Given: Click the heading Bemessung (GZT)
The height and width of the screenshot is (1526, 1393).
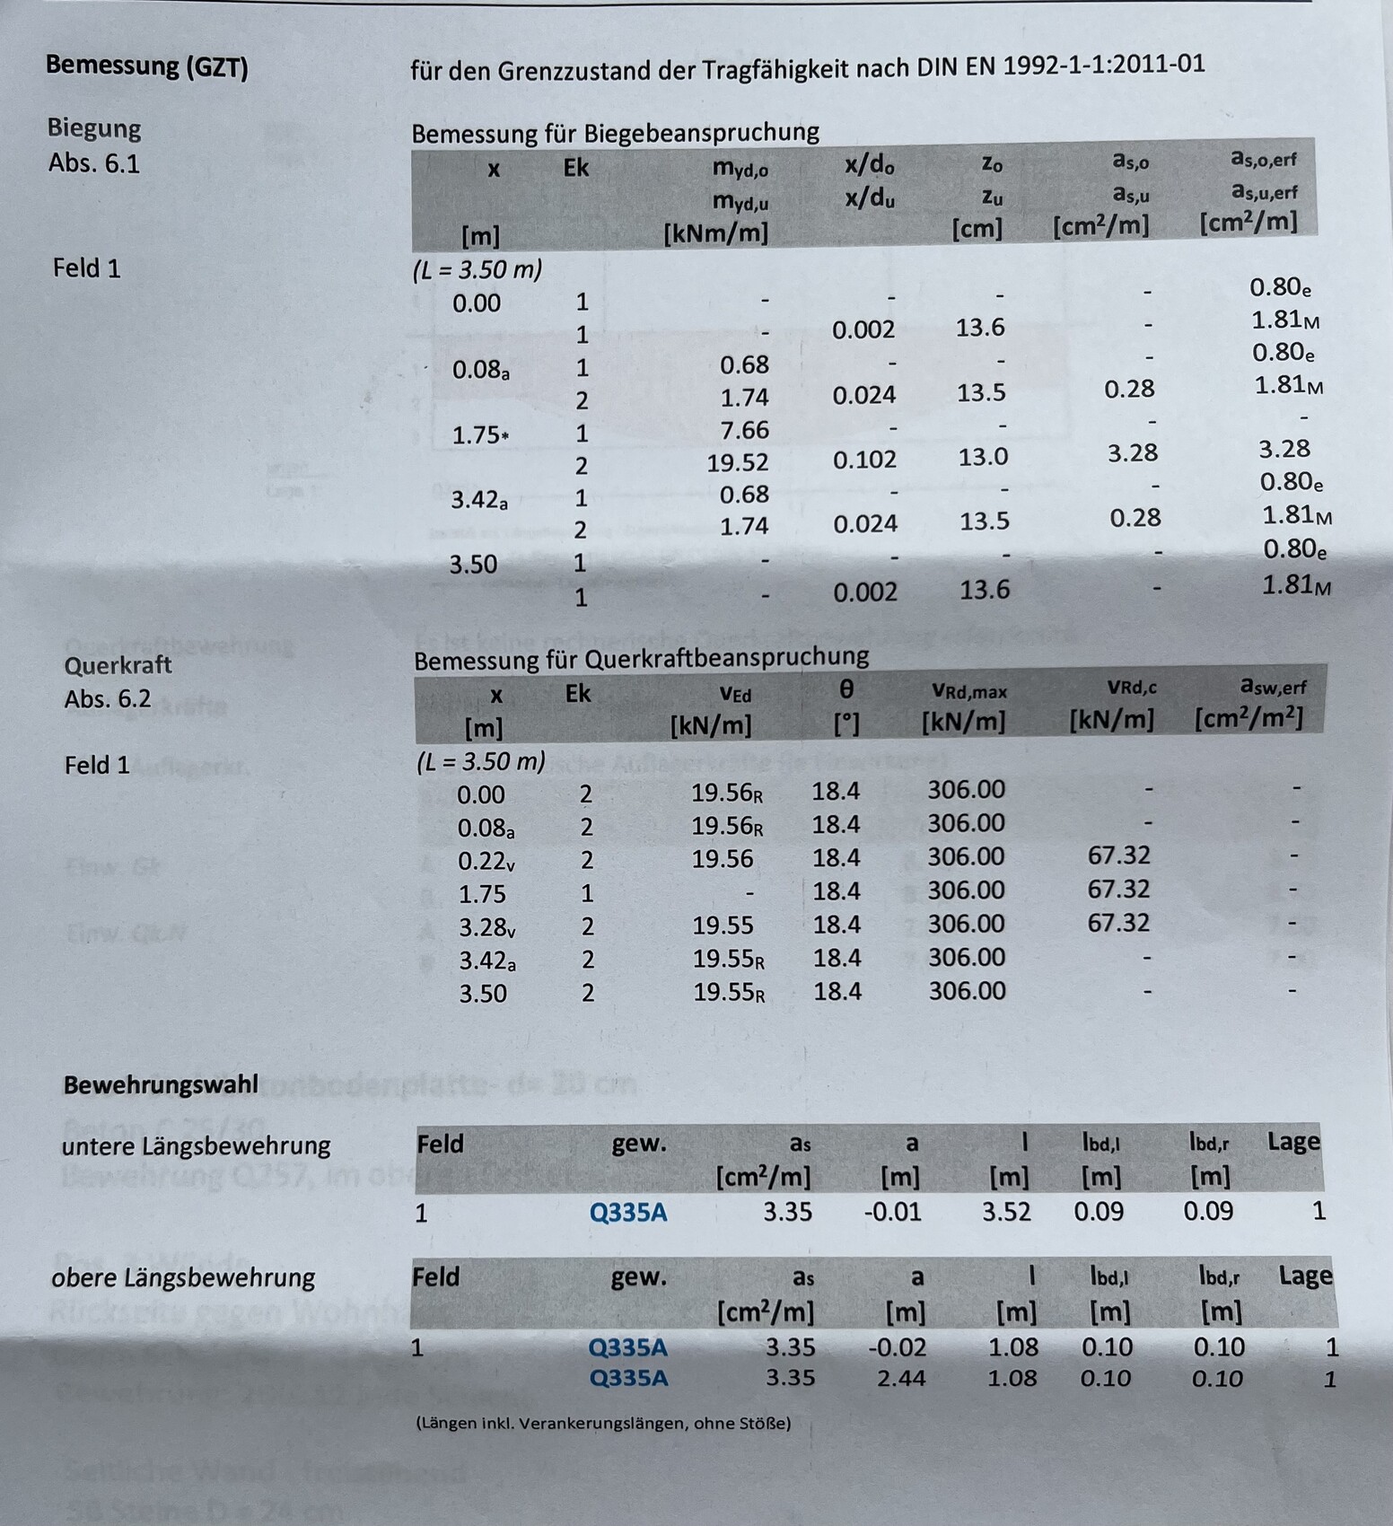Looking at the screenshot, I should point(146,66).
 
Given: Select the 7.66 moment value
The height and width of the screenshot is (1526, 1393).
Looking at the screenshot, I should point(744,430).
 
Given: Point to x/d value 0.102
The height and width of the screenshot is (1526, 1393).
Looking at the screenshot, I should point(864,460).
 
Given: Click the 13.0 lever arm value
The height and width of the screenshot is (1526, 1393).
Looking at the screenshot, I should point(983,457).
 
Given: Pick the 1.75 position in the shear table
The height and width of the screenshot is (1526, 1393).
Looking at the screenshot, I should point(482,894).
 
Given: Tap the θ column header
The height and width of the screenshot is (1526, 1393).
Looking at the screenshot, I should point(845,689).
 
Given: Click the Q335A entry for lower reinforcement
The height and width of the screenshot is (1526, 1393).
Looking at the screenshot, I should point(628,1213).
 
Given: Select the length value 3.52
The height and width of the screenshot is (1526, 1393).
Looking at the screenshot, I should point(1005,1212).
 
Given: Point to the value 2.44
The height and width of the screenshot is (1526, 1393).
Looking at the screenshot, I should point(900,1378).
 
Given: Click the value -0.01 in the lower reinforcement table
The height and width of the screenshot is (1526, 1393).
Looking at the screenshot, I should point(892,1212).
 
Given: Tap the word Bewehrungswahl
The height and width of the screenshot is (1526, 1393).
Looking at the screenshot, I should point(161,1084).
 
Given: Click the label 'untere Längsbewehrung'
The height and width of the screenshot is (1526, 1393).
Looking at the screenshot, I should point(196,1145).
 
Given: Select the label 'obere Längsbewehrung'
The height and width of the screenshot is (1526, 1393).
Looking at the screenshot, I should point(184,1277).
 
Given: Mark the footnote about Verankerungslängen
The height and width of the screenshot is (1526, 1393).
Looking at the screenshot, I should point(603,1423).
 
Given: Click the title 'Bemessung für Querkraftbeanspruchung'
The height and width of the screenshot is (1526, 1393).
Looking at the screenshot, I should point(641,658).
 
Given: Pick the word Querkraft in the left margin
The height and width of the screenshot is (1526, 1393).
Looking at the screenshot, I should point(118,665).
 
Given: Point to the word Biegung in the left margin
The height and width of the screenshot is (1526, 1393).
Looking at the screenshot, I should point(94,128).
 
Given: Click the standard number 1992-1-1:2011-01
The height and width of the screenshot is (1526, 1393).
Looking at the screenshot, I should point(1103,65).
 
